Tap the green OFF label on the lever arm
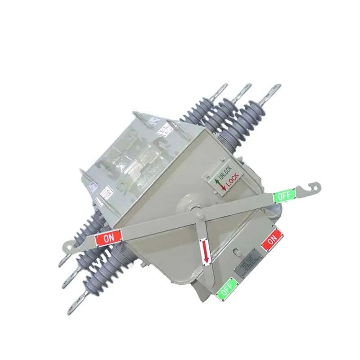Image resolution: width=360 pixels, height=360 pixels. click(x=284, y=196)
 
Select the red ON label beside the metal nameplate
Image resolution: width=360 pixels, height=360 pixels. click(x=272, y=240)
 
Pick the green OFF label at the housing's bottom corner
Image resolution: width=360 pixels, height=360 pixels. click(x=228, y=288)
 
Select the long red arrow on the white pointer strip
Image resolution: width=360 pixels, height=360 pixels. click(x=205, y=252)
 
